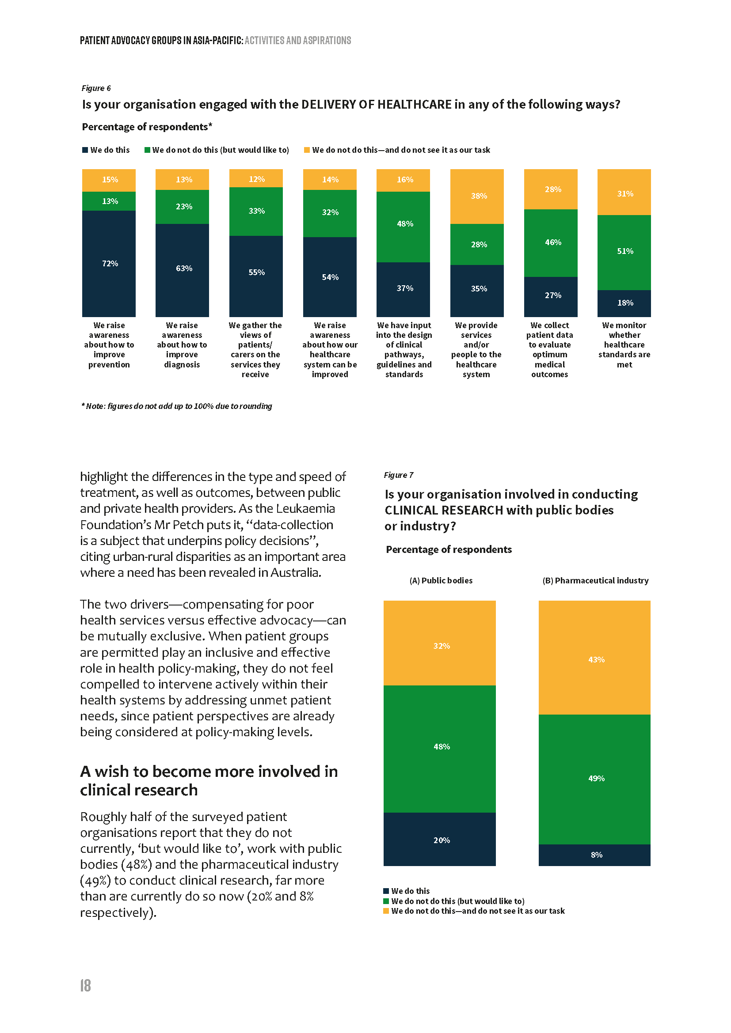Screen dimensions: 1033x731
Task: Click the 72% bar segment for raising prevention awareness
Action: pos(108,264)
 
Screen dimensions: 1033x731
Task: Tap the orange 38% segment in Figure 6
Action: pos(477,196)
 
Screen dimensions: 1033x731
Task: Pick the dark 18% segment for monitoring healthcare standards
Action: pos(624,303)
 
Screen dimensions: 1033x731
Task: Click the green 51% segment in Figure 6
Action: pos(624,252)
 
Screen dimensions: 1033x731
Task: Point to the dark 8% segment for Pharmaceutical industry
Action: pos(594,855)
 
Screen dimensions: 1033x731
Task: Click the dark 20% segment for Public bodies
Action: pos(439,839)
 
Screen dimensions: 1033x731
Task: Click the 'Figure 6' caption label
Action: pos(96,88)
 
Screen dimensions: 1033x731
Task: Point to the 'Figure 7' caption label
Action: pos(398,475)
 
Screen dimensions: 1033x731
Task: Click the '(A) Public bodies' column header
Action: pos(441,580)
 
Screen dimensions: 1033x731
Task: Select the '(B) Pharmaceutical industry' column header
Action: pos(595,580)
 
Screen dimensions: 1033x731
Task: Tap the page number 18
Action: pos(86,985)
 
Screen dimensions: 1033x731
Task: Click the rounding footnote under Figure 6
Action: pos(176,406)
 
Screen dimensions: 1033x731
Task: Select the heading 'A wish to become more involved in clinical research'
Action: pos(209,780)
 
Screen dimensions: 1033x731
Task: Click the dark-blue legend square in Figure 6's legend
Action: pos(85,150)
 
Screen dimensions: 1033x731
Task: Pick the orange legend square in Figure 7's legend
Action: pos(386,911)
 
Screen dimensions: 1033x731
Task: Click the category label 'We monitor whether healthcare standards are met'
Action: pos(624,344)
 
